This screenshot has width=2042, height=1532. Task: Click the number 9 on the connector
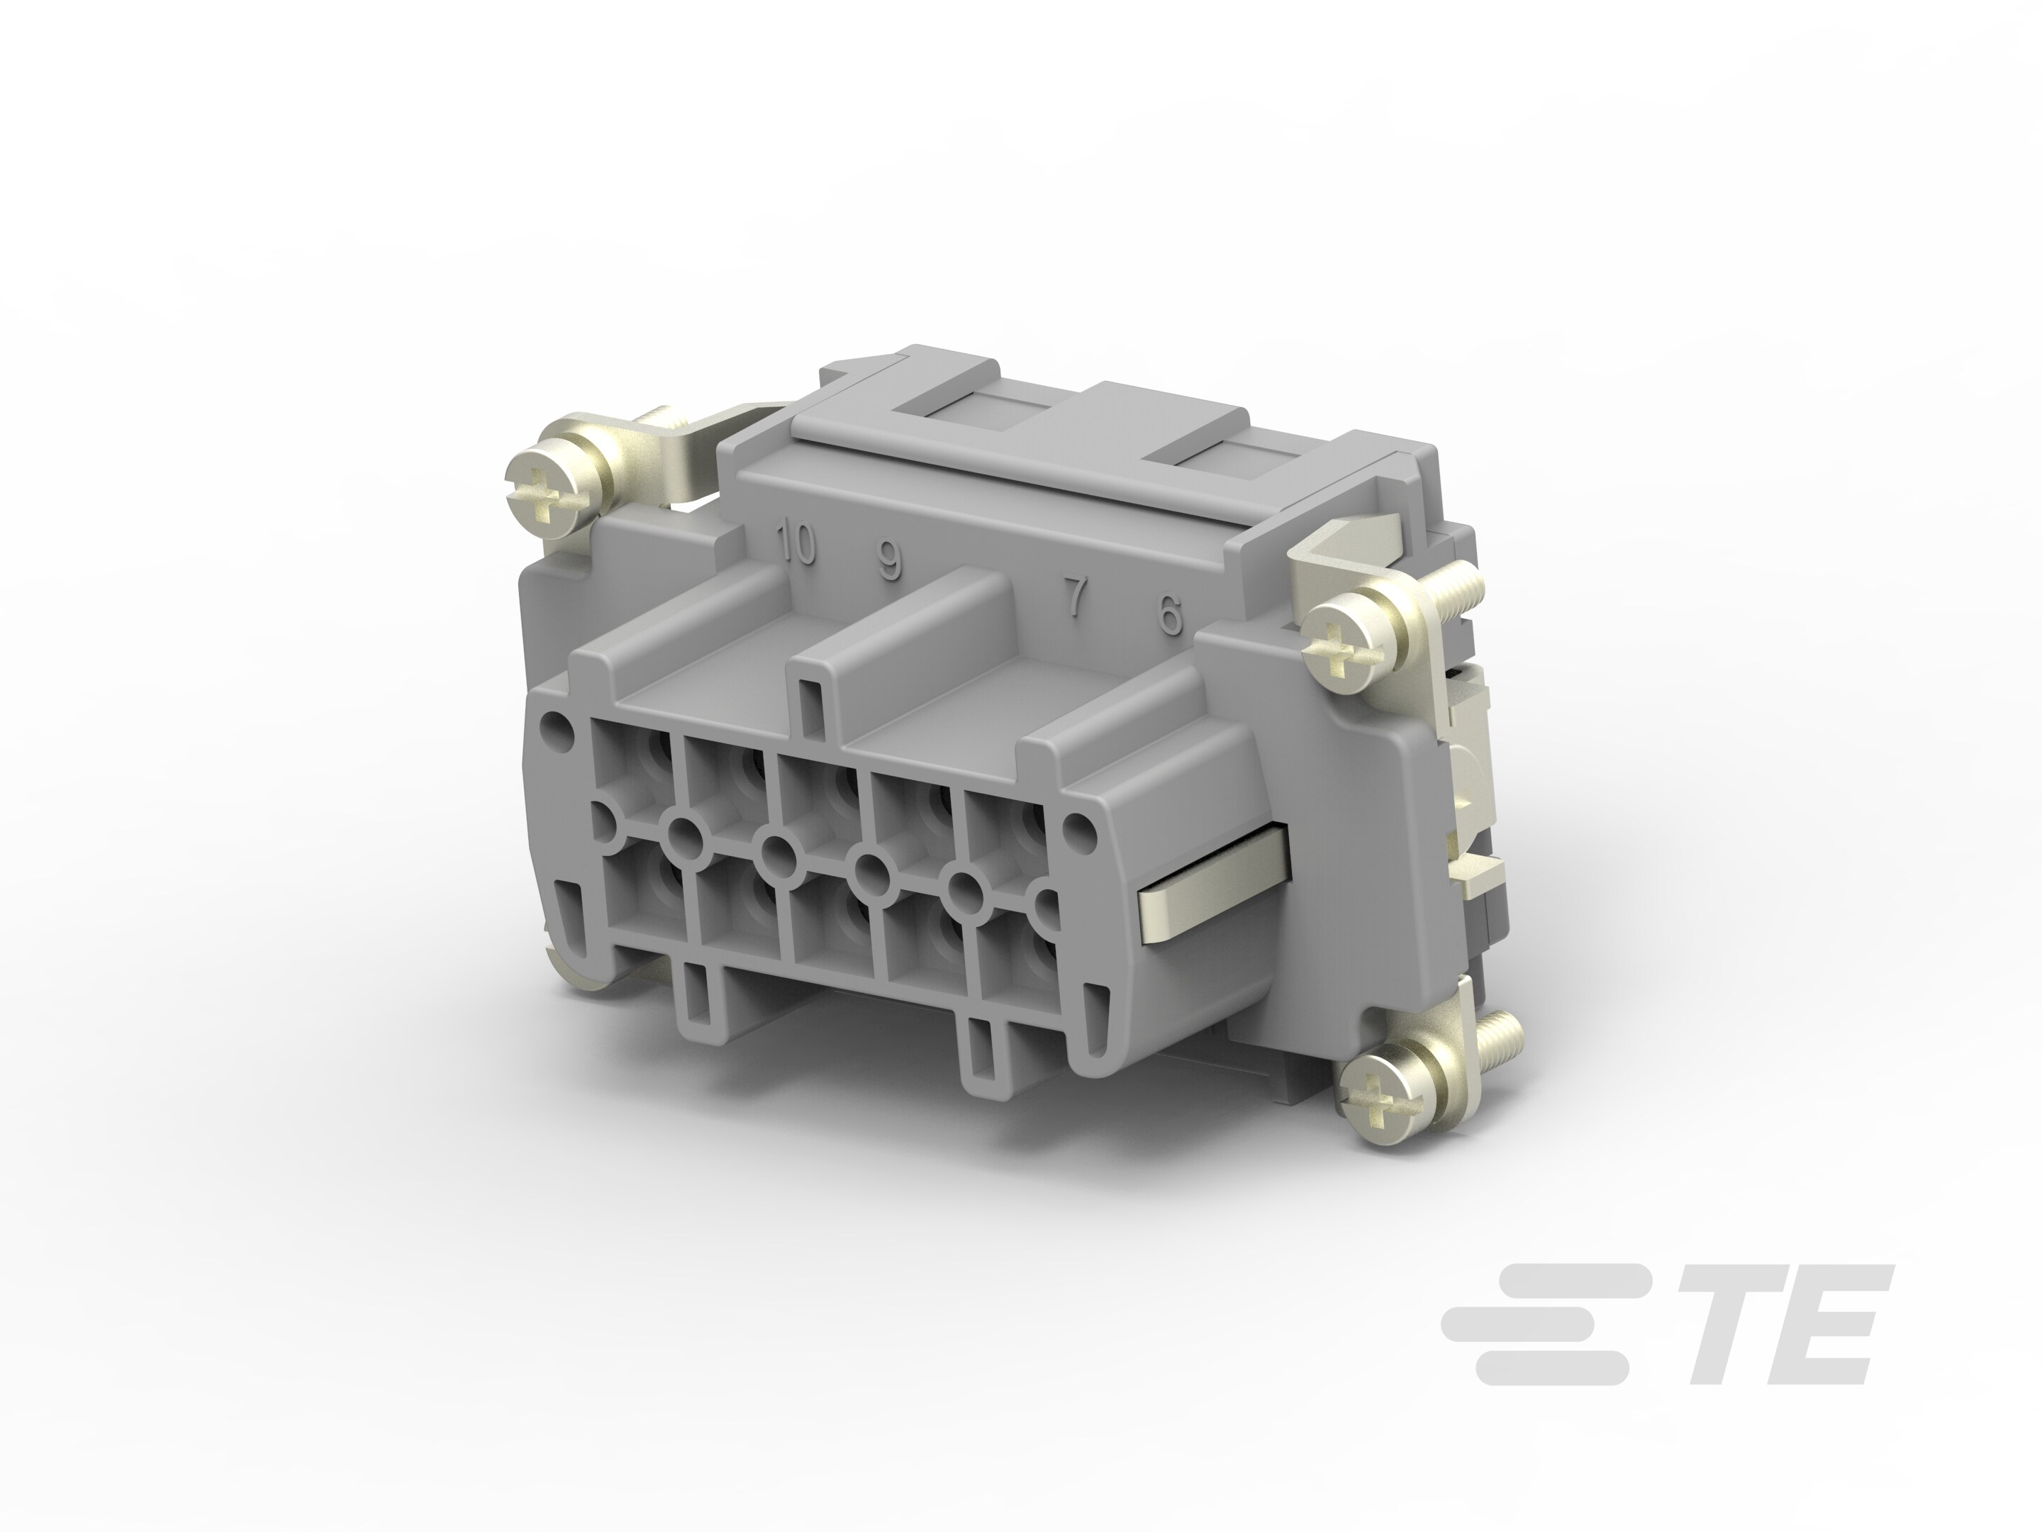889,560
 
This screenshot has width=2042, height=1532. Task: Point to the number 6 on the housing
1170,614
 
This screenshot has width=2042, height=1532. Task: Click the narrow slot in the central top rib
810,704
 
